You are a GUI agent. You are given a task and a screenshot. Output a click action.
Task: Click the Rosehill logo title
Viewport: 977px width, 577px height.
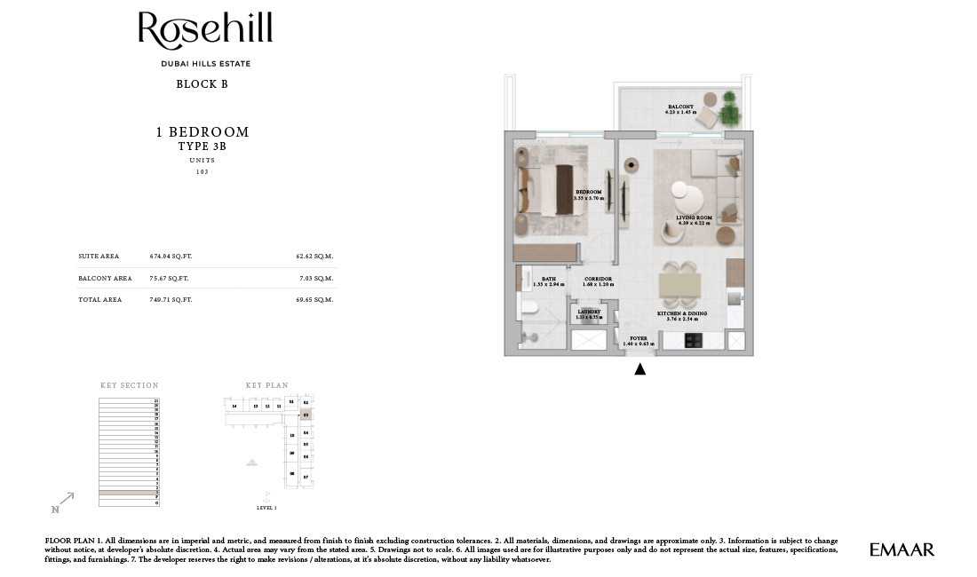coord(205,31)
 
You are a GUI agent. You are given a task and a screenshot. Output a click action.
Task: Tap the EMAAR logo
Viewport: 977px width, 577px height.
coord(902,550)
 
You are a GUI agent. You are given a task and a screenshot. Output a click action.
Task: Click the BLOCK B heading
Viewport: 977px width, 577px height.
coord(202,84)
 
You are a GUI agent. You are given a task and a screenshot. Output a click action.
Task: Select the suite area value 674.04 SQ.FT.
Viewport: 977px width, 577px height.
coord(171,256)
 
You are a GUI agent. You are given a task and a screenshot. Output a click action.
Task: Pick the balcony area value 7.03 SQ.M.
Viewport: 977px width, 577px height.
coord(314,278)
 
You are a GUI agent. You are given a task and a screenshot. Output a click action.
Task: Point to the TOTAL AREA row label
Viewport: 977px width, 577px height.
coord(99,300)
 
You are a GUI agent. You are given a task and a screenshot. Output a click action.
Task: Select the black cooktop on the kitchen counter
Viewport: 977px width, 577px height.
coord(694,340)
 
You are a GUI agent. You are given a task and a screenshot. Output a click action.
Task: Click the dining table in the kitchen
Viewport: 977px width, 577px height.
coord(679,286)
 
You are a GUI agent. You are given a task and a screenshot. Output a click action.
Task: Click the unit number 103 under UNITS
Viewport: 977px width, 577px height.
coord(202,171)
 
